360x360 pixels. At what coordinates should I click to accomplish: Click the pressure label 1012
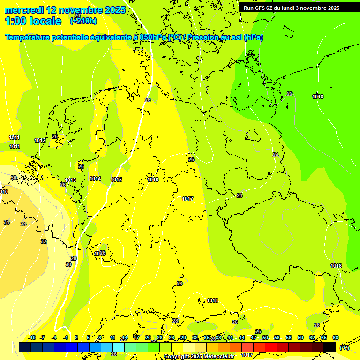click(40, 140)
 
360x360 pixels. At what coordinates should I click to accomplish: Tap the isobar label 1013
click(70, 180)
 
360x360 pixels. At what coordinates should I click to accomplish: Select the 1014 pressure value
click(95, 179)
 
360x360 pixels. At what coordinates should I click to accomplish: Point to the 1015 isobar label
click(116, 180)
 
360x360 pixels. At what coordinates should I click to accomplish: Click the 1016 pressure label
click(153, 180)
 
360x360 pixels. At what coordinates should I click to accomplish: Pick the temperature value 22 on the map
click(290, 94)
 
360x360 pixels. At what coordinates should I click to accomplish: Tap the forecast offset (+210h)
click(83, 21)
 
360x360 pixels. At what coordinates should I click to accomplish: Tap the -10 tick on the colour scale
click(32, 337)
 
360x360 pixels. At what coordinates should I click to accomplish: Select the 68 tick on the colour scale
click(336, 337)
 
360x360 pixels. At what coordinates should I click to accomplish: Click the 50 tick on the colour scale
click(265, 337)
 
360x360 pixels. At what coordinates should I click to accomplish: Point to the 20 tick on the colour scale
click(148, 337)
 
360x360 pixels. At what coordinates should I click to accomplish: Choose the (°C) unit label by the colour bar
click(345, 347)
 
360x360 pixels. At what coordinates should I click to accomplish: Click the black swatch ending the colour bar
click(330, 347)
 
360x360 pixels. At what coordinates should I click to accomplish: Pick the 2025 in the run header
click(334, 8)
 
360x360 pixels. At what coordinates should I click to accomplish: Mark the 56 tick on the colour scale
click(289, 337)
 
